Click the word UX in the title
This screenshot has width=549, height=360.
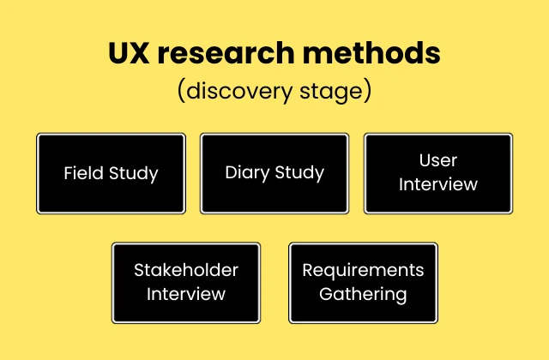coord(130,53)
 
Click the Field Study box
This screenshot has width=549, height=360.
coord(111,173)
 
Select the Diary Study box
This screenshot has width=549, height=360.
coord(274,173)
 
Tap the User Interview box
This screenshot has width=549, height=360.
coord(438,173)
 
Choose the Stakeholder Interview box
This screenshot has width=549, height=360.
coord(186,282)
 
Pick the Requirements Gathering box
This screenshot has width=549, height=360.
coord(363,282)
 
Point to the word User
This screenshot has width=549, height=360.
coord(438,160)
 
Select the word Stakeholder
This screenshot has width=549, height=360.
coord(186,270)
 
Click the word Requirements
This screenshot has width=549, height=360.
coord(363,270)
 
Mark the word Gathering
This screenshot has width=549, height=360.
coord(363,294)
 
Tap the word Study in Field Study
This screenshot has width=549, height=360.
coord(134,173)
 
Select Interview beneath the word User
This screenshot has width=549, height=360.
coord(438,184)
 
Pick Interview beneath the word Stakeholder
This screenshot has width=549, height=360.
coord(186,294)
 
